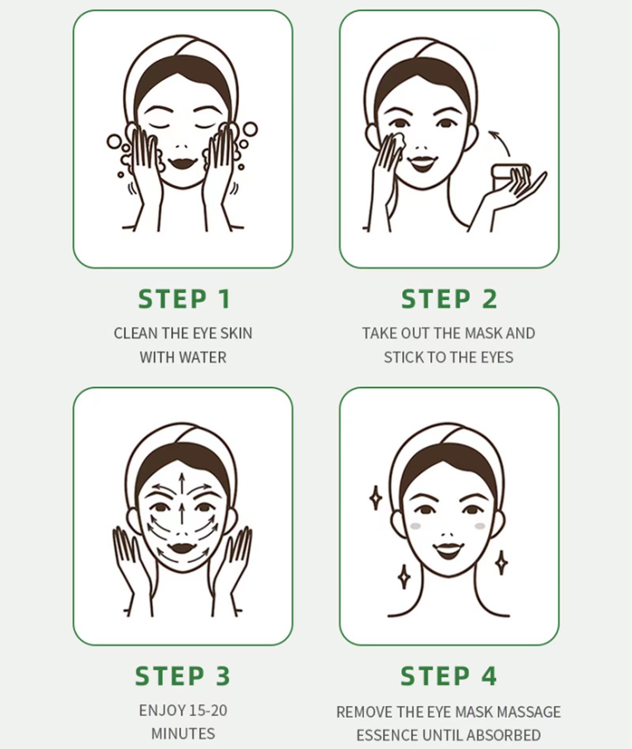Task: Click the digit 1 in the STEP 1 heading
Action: [x=225, y=299]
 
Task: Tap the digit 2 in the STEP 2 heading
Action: [x=489, y=299]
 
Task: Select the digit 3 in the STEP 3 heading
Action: [x=223, y=676]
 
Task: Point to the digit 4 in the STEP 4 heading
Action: [x=489, y=676]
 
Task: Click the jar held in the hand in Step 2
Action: [x=510, y=173]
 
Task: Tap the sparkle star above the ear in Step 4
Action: [x=376, y=497]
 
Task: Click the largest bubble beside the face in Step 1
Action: [x=250, y=129]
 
